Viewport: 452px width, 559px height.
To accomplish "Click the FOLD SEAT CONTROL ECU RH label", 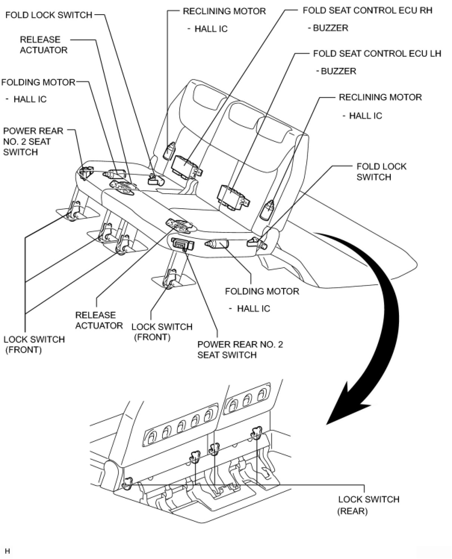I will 367,10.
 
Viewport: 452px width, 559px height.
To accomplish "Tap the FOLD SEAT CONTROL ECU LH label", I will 377,53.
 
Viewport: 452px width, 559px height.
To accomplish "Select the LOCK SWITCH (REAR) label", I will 368,505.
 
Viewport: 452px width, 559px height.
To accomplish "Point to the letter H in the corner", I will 7,551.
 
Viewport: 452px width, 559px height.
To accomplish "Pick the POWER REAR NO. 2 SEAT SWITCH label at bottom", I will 240,349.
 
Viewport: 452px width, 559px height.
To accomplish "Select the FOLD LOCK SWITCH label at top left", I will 49,15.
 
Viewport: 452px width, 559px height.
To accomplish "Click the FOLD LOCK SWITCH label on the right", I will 381,172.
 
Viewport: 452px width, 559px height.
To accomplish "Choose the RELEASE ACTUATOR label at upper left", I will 43,45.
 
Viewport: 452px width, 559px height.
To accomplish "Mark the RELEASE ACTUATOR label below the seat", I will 99,320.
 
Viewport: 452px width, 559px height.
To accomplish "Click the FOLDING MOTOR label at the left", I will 38,82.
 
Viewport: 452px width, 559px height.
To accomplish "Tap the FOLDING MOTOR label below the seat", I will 262,291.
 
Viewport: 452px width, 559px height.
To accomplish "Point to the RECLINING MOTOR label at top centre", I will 224,11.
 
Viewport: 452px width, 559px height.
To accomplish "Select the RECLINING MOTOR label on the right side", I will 380,97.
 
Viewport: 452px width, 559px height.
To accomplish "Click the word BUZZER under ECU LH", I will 338,71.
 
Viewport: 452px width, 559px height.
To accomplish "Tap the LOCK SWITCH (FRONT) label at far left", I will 34,344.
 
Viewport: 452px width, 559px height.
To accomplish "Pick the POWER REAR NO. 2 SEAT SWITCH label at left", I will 33,141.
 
